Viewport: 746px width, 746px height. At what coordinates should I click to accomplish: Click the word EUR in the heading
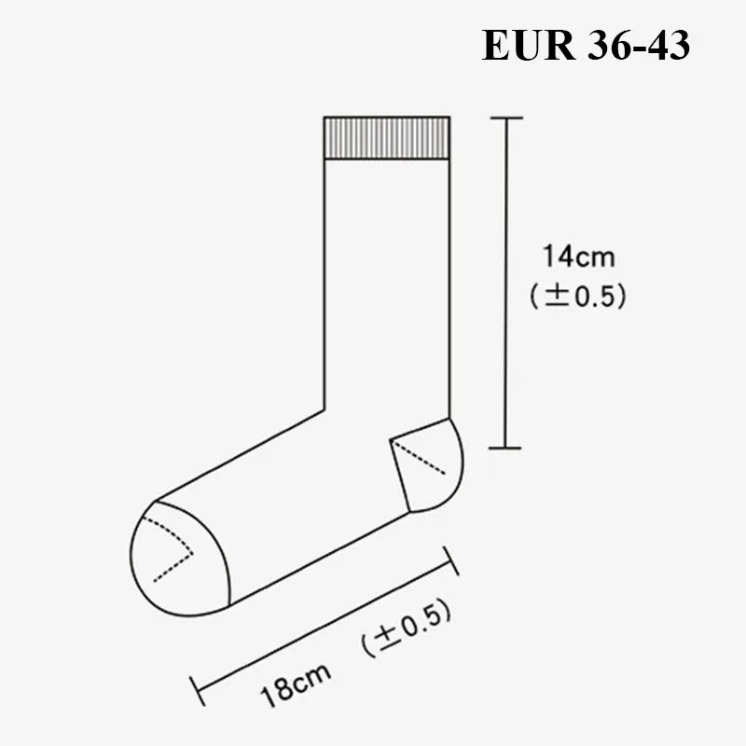point(528,45)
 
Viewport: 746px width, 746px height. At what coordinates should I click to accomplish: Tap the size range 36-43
point(639,45)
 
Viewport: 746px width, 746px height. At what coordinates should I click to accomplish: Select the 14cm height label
point(578,256)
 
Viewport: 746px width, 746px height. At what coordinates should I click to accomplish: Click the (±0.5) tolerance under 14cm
point(578,296)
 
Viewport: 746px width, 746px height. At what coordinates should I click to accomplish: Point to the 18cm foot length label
point(296,684)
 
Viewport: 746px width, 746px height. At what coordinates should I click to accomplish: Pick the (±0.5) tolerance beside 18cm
point(406,628)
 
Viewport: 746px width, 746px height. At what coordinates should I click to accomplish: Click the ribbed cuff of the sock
point(387,137)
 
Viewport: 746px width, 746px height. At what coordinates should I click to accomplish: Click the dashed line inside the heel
point(420,458)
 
